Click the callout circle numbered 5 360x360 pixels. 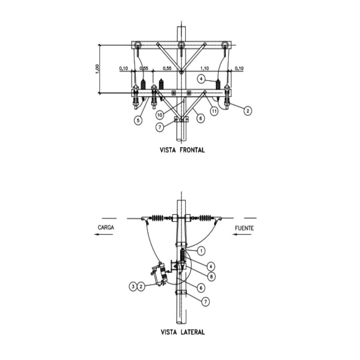click(138, 120)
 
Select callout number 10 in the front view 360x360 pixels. click(160, 115)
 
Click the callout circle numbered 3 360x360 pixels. click(133, 286)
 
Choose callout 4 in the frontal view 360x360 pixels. click(201, 79)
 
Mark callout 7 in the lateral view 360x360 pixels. click(206, 302)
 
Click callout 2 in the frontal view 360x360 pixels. click(247, 111)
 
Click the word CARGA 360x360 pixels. click(106, 228)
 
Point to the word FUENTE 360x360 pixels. click(244, 228)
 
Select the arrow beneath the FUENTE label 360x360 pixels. click(242, 234)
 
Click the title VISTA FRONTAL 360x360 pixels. click(183, 150)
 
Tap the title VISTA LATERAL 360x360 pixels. click(183, 332)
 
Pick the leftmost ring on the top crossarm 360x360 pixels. click(138, 45)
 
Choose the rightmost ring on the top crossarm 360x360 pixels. click(225, 45)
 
